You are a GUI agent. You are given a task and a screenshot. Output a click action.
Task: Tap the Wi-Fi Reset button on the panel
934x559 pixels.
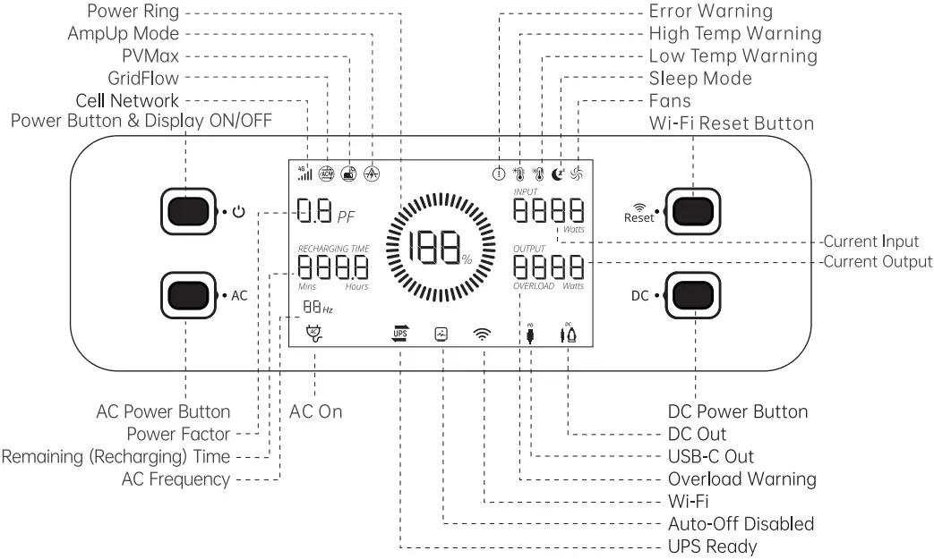(x=695, y=212)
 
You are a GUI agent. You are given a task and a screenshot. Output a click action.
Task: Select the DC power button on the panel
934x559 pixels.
(x=695, y=295)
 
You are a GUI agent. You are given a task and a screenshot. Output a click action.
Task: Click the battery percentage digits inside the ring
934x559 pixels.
(x=433, y=246)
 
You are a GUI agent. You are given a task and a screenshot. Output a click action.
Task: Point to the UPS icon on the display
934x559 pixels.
(x=399, y=335)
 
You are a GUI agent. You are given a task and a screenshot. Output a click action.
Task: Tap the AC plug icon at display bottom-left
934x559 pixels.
(x=313, y=334)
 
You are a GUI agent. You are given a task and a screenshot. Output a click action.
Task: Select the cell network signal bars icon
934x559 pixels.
(x=304, y=173)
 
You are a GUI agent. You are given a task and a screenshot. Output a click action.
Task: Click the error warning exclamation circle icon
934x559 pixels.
(x=499, y=174)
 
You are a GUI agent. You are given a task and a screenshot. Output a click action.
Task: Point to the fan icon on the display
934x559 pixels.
(x=577, y=174)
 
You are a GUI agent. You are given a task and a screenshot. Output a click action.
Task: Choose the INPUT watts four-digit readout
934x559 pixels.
(x=548, y=211)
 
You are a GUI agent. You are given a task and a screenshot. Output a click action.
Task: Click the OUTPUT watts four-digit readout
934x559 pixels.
(x=548, y=267)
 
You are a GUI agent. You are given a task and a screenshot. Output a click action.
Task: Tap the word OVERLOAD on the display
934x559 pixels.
(x=533, y=286)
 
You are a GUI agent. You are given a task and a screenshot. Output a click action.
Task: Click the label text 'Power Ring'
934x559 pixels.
(x=133, y=11)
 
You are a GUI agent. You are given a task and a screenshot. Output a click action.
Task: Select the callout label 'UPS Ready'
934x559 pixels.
(x=712, y=546)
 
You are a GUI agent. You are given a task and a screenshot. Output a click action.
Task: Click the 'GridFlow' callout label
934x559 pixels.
(x=142, y=78)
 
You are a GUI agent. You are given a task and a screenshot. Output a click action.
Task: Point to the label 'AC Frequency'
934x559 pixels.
(x=176, y=479)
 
